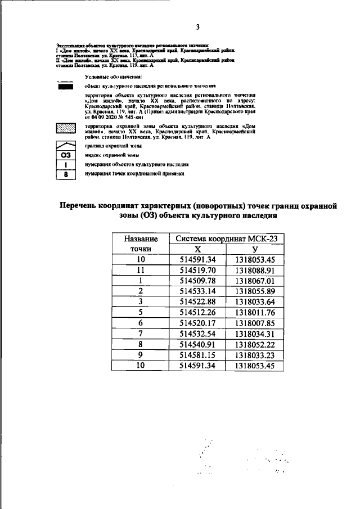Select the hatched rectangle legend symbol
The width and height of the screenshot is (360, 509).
(x=66, y=128)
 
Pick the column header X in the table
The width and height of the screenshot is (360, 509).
(x=197, y=249)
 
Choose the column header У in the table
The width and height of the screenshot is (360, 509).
(x=255, y=249)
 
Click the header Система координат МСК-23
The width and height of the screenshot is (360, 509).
(x=226, y=238)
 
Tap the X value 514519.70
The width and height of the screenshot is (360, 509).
(x=197, y=270)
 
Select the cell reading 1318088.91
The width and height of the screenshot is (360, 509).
(x=255, y=270)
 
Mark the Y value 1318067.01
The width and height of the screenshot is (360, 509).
(x=255, y=281)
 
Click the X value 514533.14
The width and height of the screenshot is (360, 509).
(x=197, y=291)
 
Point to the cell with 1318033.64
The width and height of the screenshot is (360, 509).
(x=255, y=302)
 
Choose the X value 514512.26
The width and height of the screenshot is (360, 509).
(x=197, y=313)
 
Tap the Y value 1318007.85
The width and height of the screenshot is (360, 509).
(x=255, y=323)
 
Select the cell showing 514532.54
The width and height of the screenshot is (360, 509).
(x=197, y=334)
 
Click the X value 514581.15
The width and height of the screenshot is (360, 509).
(x=197, y=355)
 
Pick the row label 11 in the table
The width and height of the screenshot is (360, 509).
(x=141, y=270)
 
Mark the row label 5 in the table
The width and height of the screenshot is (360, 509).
(x=141, y=313)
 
